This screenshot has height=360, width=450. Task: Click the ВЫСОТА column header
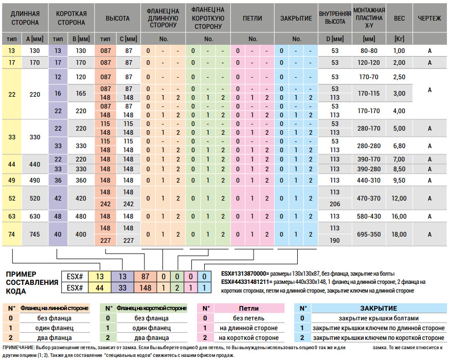(117, 19)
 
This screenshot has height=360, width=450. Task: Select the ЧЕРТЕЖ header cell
(429, 19)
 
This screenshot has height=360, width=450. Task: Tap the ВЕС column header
(399, 19)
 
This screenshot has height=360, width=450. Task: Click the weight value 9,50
(399, 181)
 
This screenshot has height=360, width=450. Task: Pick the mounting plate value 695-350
(369, 235)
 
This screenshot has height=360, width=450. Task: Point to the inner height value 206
(335, 204)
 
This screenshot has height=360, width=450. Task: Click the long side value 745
(35, 235)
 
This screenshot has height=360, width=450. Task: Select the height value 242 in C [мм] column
(128, 204)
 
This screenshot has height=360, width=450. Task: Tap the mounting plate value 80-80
(369, 51)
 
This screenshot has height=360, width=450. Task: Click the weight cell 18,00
(399, 235)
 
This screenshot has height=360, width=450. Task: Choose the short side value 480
(81, 216)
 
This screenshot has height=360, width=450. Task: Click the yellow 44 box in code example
(100, 287)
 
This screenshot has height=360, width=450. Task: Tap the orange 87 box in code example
(145, 277)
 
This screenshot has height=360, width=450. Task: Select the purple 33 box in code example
(122, 287)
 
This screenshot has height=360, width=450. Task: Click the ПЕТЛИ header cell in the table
(253, 19)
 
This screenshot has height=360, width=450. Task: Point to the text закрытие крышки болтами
(379, 318)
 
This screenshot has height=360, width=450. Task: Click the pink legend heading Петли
(249, 309)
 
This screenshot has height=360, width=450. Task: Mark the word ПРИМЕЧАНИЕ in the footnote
(19, 348)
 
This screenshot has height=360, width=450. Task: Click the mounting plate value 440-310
(369, 181)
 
